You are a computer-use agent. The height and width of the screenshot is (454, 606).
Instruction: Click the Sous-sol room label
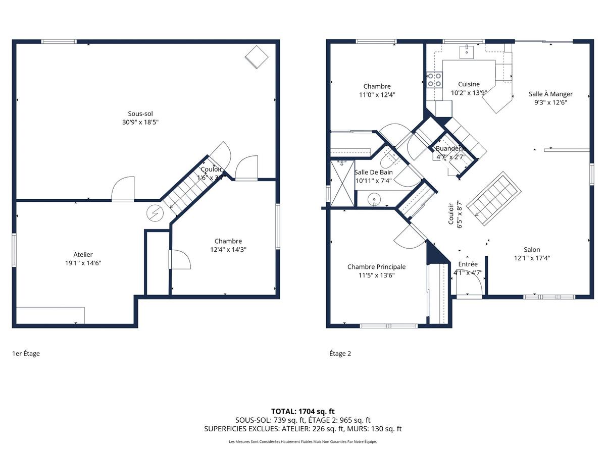[x=140, y=114]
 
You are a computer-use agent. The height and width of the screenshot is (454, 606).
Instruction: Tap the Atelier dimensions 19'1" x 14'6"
[x=83, y=263]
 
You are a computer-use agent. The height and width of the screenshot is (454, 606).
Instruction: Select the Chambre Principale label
[x=376, y=267]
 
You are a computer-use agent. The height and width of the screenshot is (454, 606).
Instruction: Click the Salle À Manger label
[x=550, y=94]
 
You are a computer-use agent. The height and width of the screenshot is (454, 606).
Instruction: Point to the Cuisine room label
[x=469, y=84]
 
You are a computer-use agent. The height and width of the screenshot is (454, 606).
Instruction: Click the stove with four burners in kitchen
[x=434, y=80]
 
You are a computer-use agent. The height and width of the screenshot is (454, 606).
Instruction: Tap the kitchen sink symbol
[x=467, y=50]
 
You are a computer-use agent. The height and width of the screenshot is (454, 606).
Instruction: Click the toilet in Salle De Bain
[x=387, y=160]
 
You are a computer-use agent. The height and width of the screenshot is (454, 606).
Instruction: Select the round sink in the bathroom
[x=374, y=199]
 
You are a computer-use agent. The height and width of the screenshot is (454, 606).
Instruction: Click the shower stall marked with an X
[x=341, y=183]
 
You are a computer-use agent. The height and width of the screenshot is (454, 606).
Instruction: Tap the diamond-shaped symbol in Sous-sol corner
[x=257, y=56]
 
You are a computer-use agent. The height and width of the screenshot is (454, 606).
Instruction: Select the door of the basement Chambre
[x=181, y=259]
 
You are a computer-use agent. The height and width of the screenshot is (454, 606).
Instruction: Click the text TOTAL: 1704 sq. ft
[x=303, y=411]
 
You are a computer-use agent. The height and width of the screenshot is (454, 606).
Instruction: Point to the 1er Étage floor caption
[x=26, y=354]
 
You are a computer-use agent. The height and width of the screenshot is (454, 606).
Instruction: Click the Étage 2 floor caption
[x=340, y=354]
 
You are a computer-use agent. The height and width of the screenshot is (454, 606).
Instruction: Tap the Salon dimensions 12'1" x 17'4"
[x=532, y=258]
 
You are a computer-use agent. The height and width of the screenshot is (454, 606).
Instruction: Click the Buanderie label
[x=449, y=149]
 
